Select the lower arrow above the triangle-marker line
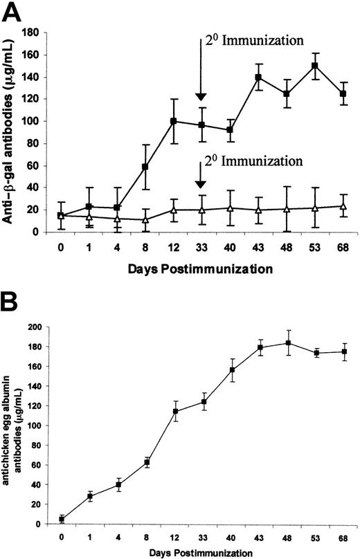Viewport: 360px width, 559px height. [x=201, y=175]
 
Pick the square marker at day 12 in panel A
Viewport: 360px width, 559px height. [x=173, y=121]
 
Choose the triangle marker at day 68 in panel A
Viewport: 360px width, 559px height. [x=343, y=206]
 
